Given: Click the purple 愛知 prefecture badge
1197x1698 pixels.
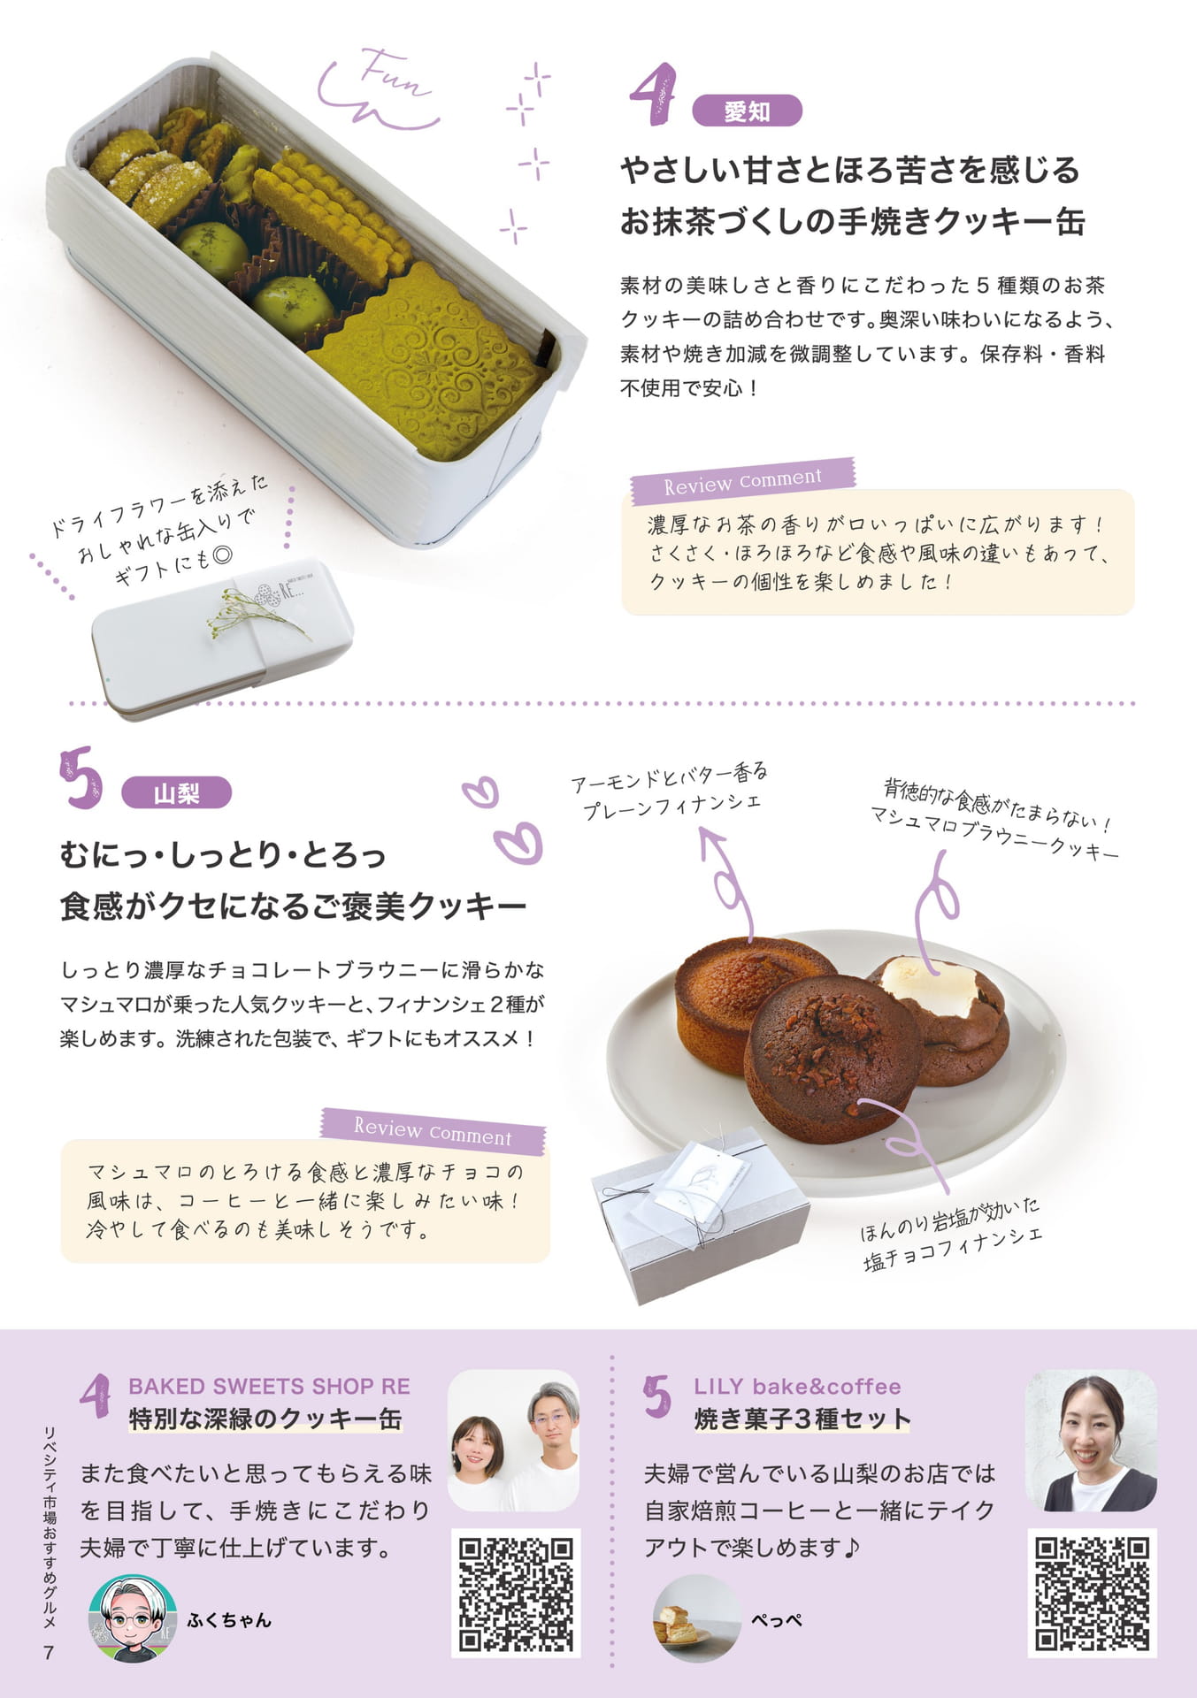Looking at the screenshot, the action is (747, 111).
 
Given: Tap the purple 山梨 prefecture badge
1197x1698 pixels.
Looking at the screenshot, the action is (176, 793).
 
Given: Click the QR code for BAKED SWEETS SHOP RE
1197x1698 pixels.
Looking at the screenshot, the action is (516, 1594).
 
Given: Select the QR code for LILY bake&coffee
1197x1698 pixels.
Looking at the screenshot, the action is (1093, 1594).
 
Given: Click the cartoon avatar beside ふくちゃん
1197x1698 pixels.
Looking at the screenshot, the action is (132, 1618).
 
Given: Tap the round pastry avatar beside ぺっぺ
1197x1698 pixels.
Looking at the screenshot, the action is (696, 1618).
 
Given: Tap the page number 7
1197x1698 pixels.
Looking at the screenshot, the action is (49, 1652).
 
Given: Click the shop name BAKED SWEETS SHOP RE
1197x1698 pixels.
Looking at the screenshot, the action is (269, 1386).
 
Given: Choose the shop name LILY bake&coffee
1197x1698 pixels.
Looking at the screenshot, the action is (797, 1386).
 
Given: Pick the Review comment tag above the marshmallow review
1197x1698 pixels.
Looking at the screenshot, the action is (433, 1131).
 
